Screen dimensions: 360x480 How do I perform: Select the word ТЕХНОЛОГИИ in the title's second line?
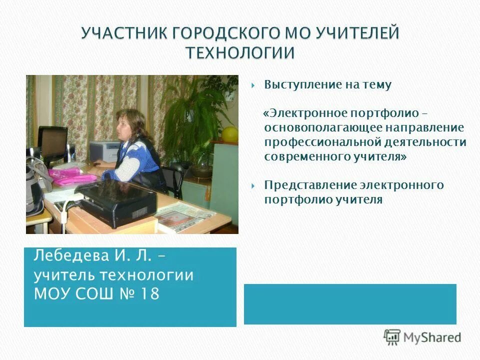[240, 52]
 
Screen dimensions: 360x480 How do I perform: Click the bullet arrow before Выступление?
[253, 85]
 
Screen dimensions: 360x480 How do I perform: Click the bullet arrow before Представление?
[253, 185]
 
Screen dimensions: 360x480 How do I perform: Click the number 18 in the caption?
[149, 293]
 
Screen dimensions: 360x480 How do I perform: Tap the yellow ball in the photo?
[229, 133]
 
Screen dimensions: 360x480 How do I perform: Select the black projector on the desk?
[118, 202]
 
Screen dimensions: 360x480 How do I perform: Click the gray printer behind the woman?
[104, 150]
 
